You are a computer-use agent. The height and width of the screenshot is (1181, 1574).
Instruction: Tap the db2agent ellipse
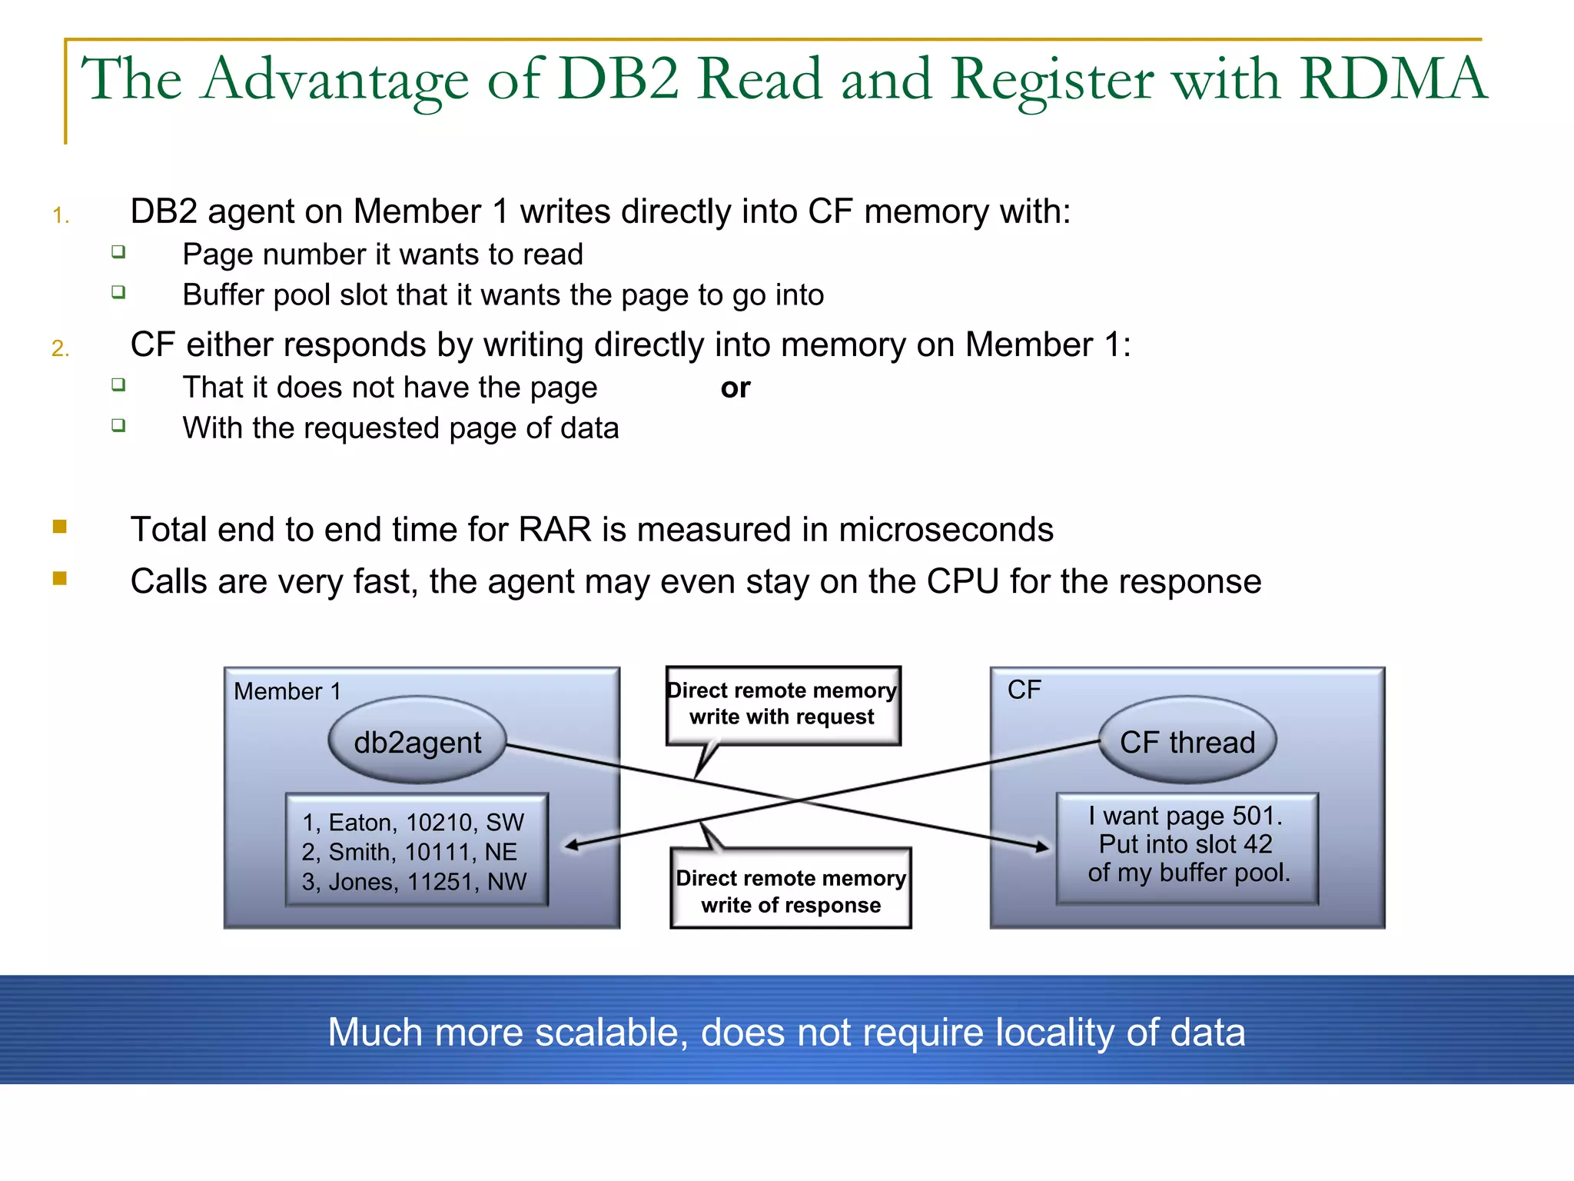tap(417, 741)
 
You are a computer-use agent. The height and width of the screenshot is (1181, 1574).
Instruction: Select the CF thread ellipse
tap(1187, 741)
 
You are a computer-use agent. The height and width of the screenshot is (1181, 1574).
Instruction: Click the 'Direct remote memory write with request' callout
tap(782, 704)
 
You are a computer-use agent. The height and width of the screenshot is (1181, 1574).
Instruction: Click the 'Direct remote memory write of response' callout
tap(790, 890)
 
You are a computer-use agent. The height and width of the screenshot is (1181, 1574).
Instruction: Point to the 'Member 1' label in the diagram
tap(287, 691)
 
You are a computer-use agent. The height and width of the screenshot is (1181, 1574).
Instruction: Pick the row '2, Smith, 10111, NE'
tap(409, 852)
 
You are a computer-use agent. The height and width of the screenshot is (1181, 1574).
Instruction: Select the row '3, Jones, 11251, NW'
tap(413, 881)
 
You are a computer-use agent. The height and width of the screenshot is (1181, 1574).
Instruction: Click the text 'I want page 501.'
tap(1185, 815)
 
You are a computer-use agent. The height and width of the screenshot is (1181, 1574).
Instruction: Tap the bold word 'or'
tap(735, 388)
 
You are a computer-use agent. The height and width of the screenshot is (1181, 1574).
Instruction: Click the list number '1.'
tap(61, 216)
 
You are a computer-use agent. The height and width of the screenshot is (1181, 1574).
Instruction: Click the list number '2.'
tap(61, 349)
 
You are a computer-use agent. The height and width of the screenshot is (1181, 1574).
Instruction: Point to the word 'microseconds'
tap(945, 530)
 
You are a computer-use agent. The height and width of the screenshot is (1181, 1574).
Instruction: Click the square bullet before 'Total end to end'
tap(60, 527)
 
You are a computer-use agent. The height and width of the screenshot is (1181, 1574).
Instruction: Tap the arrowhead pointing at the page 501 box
tap(1042, 847)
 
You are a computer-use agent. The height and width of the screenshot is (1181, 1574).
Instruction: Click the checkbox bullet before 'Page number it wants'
tap(118, 251)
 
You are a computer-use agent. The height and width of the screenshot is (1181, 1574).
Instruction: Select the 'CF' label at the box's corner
tap(1024, 689)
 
